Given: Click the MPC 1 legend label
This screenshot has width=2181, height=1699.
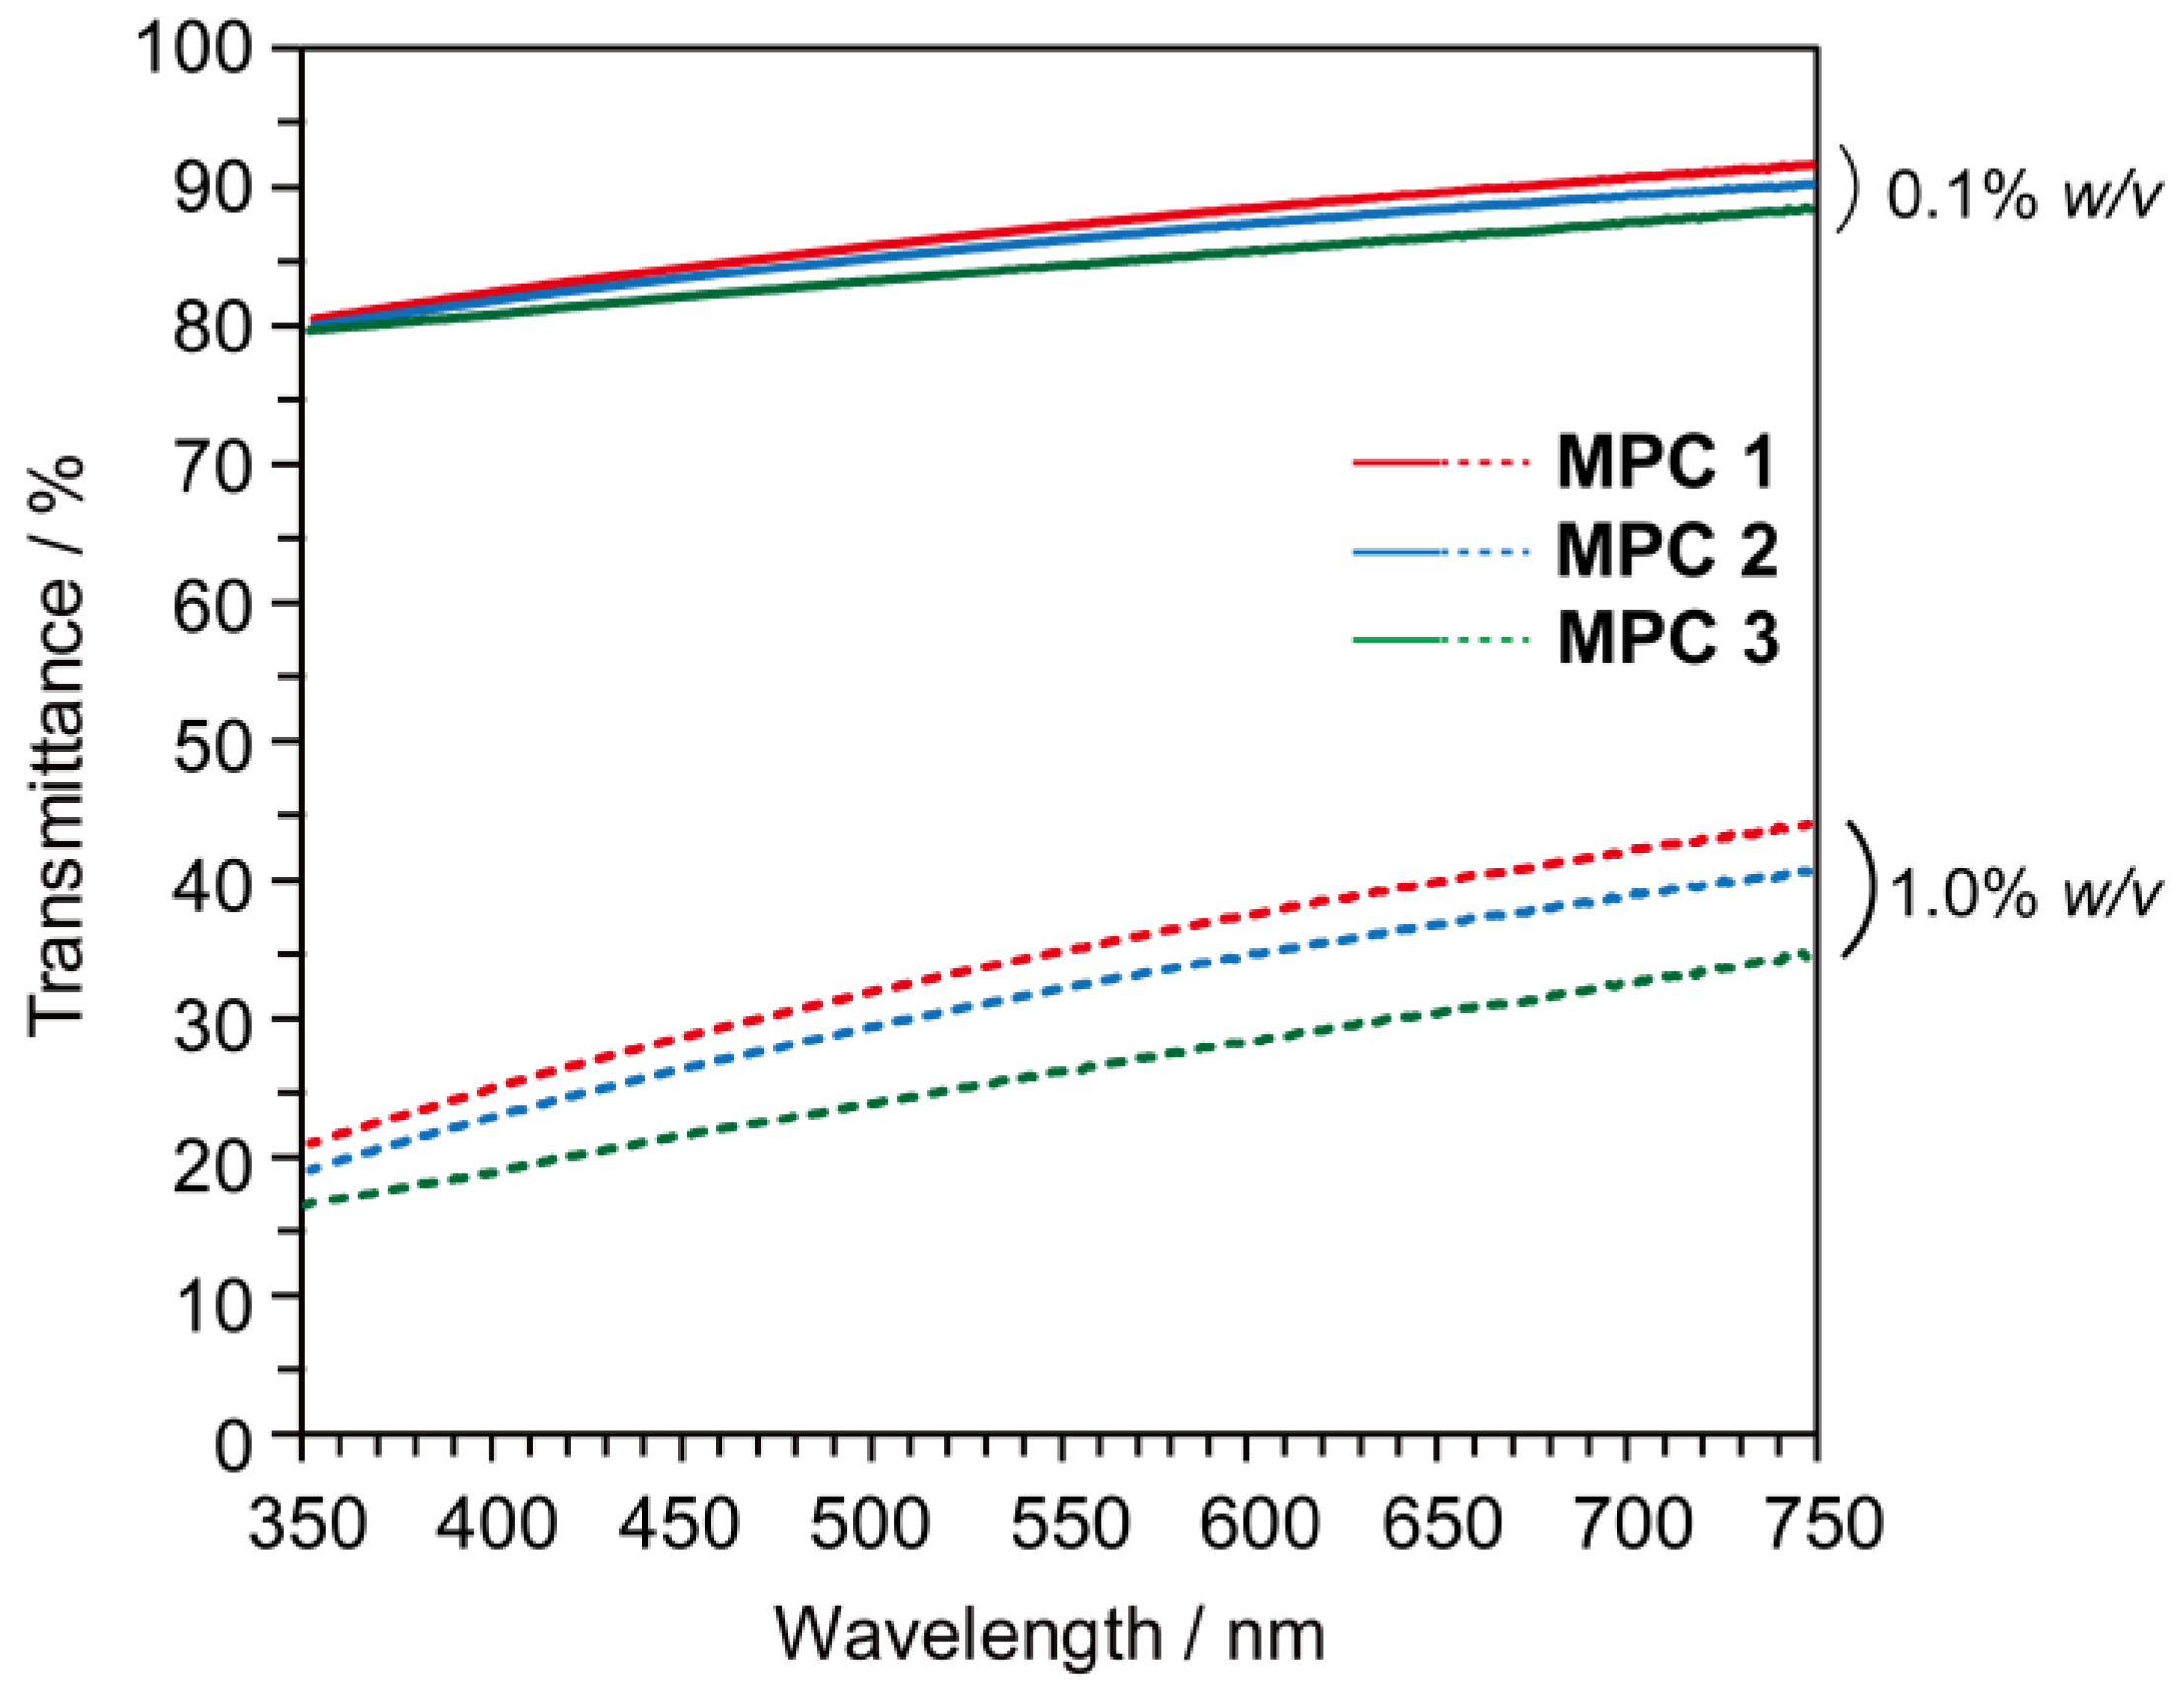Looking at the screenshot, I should click(x=1666, y=462).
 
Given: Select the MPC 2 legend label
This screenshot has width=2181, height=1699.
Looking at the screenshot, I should click(x=1666, y=550).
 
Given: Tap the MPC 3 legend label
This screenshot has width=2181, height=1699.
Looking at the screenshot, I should click(x=1666, y=639).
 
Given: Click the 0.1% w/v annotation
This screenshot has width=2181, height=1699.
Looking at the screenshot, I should click(x=2021, y=194).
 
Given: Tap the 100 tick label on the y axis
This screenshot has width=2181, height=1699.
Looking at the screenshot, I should click(x=193, y=48).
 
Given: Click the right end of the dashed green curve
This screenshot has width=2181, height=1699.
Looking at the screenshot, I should click(x=1811, y=954).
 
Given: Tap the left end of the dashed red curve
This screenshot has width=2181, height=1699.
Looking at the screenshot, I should click(x=307, y=1142).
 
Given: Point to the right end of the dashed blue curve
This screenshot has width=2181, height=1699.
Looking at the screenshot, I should click(x=1811, y=870).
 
